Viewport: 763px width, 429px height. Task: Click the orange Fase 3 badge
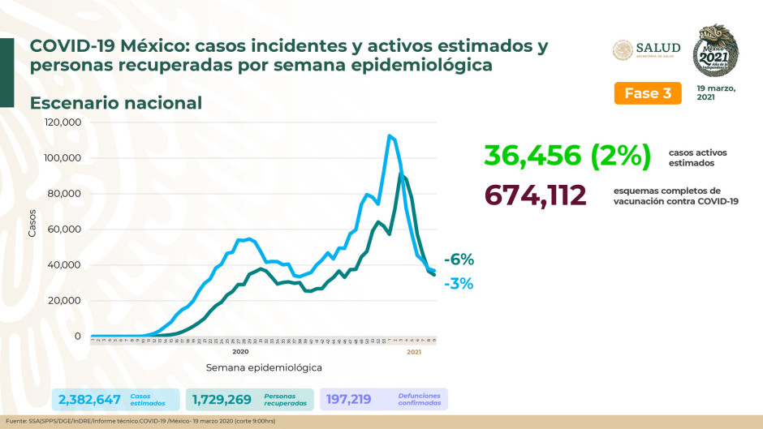[647, 93]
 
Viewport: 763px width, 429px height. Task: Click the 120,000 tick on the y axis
[63, 122]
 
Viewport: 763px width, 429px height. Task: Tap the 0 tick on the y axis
[78, 336]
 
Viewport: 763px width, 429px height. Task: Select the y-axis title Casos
[32, 224]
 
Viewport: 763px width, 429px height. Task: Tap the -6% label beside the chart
[459, 260]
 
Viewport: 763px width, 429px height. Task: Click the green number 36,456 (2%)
[567, 155]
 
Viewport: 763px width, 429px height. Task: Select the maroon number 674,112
[535, 195]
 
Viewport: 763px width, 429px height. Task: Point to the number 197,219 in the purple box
[351, 399]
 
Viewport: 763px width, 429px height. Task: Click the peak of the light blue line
[390, 135]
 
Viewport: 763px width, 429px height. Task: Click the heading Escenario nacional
[116, 103]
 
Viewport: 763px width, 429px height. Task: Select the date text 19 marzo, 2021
[715, 92]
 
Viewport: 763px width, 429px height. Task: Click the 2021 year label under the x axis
[414, 351]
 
